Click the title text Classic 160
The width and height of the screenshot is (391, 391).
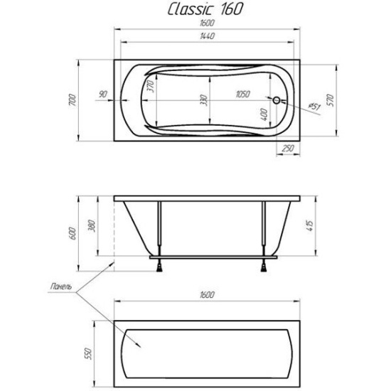point(205,9)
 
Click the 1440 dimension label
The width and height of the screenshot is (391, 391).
point(207,36)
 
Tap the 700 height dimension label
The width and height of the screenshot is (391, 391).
point(72,100)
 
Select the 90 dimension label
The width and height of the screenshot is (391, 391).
point(103,95)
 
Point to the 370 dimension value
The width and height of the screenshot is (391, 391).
point(151,86)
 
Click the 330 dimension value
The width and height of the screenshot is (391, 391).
point(204,100)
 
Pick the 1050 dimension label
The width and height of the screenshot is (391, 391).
point(242,95)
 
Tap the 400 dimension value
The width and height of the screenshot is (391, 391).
point(264,114)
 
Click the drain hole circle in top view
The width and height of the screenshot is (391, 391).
point(277,100)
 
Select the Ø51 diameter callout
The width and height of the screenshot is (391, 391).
point(314,107)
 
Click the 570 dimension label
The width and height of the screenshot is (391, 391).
point(330,100)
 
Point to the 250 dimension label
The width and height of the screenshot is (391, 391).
point(288,149)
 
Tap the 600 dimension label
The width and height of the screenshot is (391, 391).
point(73,233)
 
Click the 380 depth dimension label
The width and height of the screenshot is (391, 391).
point(92,225)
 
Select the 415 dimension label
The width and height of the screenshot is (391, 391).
point(309,225)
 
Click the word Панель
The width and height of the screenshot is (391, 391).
point(61,286)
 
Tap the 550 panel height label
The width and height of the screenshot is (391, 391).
point(89,353)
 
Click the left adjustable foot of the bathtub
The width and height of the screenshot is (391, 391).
point(159,267)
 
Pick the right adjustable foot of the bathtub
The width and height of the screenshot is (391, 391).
point(264,267)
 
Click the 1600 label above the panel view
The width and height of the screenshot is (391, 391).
point(207,295)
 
